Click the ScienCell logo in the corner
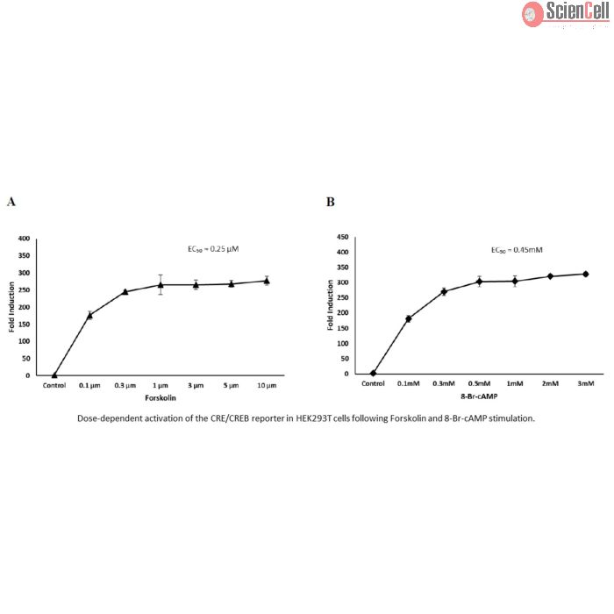[x=567, y=13]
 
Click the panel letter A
[x=11, y=202]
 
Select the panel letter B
[x=330, y=202]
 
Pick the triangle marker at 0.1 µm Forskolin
[x=89, y=315]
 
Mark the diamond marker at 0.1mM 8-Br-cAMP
[x=409, y=318]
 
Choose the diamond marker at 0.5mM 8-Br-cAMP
[x=480, y=281]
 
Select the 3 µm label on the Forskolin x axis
[x=196, y=384]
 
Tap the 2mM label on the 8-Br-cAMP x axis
[x=550, y=384]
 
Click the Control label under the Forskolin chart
[x=54, y=384]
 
